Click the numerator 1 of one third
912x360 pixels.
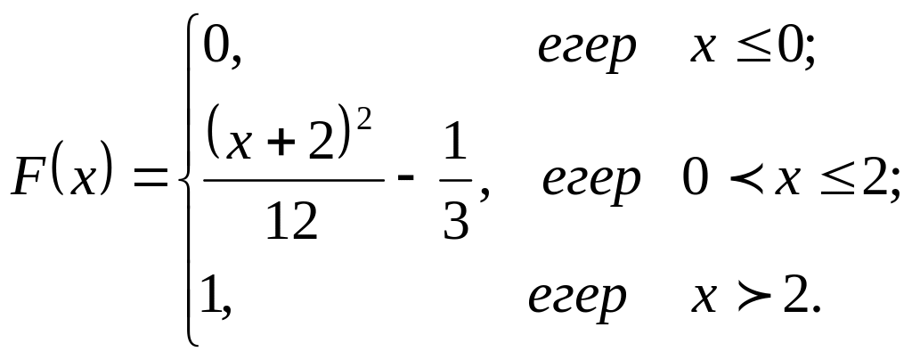pos(455,149)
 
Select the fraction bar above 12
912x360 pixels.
pos(293,178)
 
